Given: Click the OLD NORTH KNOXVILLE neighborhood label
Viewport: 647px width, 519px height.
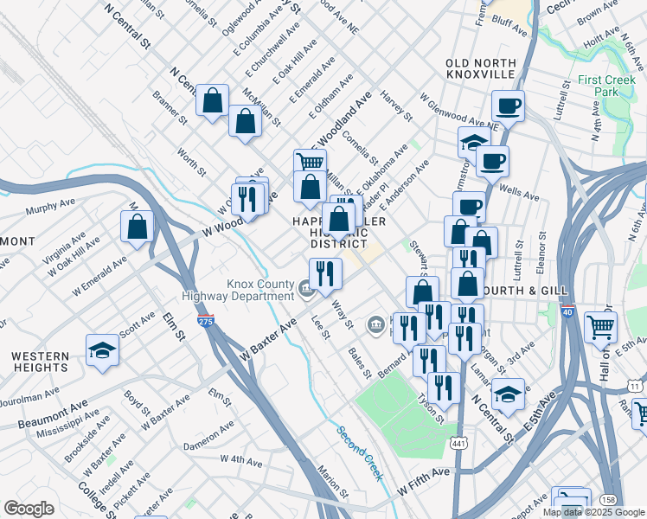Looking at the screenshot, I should point(480,69).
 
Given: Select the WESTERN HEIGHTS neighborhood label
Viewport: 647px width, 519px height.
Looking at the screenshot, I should point(40,362).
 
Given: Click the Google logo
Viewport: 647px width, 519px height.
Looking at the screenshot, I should point(29,509).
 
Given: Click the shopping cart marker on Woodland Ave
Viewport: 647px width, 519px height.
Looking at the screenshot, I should point(309,161).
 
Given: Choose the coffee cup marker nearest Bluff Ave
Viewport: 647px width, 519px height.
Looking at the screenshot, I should point(509,106).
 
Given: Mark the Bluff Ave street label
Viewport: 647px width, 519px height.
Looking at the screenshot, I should point(509,29).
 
